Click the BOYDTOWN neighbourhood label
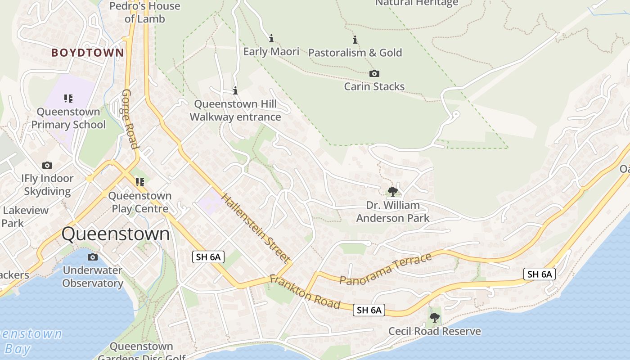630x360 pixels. point(87,53)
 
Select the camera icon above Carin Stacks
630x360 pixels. point(374,73)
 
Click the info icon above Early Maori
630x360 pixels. point(271,39)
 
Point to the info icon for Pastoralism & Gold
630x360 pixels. point(355,40)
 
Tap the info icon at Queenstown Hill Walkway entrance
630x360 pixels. point(235,91)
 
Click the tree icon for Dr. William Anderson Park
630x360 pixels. point(392,192)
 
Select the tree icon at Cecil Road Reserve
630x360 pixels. point(434,318)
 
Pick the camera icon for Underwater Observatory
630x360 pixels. point(92,257)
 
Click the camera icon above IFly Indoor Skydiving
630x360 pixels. point(47,166)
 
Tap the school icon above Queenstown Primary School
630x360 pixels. point(68,99)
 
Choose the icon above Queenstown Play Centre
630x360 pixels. point(140,182)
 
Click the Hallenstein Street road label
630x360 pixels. point(254,228)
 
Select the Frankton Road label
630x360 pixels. point(305,292)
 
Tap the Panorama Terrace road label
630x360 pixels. point(386,269)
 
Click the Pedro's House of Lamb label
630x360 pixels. point(145,12)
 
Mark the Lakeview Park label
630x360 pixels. point(25,216)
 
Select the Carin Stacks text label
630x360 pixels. point(374,86)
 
